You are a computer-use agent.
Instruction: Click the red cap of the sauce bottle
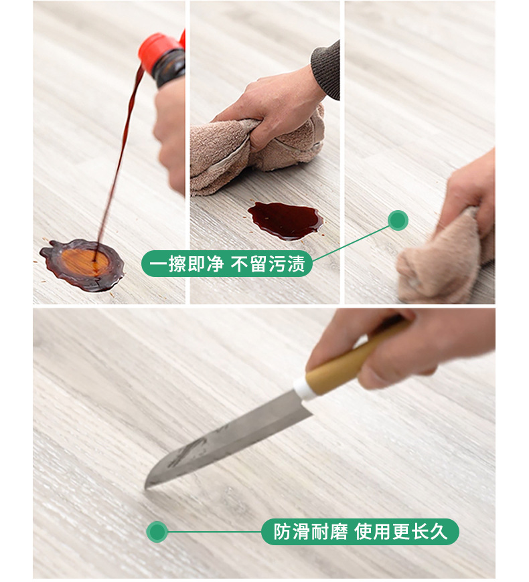tap(159, 46)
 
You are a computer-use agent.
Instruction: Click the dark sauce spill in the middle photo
tap(285, 219)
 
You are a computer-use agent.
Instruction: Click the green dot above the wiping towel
tap(398, 220)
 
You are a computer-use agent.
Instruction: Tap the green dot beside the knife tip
tap(157, 532)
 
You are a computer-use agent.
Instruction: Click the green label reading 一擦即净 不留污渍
tap(228, 264)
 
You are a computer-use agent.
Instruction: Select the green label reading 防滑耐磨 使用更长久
tap(360, 532)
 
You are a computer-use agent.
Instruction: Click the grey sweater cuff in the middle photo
tap(327, 70)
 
